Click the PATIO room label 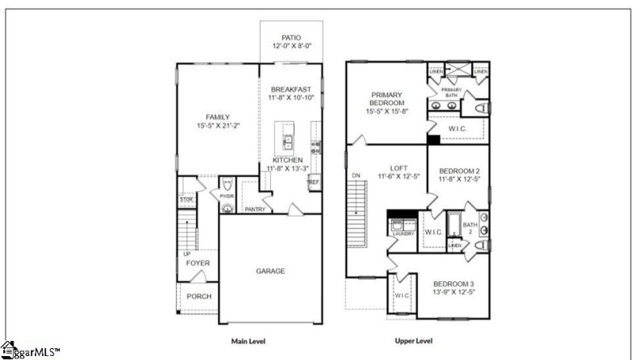tap(291, 37)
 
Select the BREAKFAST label tap(291, 88)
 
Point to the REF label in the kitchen tap(314, 182)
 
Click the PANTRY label tap(255, 209)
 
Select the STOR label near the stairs tap(186, 200)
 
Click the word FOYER tap(197, 263)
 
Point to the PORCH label tap(198, 297)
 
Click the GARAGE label tap(271, 271)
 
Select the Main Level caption tap(248, 341)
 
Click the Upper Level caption tap(413, 341)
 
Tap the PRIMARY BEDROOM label tap(387, 99)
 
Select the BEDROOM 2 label tap(459, 171)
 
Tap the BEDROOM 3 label tap(454, 284)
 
